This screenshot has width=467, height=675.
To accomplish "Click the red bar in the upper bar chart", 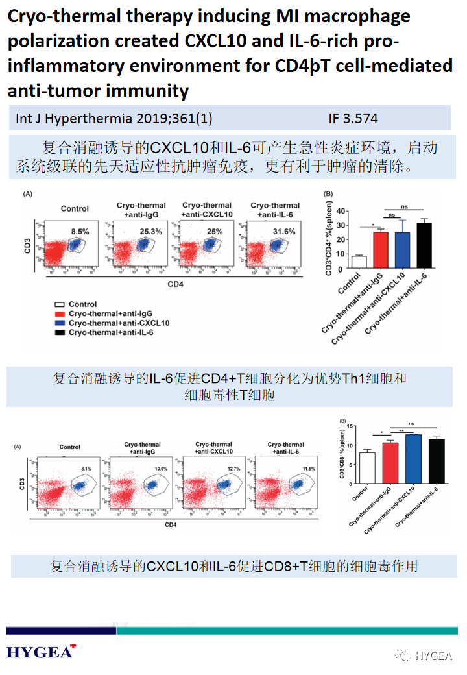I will (x=381, y=249).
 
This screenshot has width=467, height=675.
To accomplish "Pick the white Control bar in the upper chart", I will (x=359, y=261).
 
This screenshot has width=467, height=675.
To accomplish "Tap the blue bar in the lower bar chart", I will (x=413, y=459).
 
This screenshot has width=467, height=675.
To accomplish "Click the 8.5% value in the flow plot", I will (x=79, y=231).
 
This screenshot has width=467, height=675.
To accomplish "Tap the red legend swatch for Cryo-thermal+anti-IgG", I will (x=59, y=313).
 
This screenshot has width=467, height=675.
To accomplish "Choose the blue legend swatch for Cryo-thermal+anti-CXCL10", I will (x=59, y=323).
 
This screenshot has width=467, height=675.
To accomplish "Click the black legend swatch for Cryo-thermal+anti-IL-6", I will (x=59, y=332).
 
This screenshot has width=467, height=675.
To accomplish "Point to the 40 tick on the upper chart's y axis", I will (x=341, y=212).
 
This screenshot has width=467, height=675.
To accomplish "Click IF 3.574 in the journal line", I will (x=353, y=119).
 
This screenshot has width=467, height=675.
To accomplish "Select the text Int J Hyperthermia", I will (x=66, y=119).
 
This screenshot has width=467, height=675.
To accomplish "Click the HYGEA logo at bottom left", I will (x=41, y=652).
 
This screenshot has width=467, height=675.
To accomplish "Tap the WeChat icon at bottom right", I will (x=403, y=655).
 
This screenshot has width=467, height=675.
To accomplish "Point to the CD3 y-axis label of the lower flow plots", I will (x=22, y=484).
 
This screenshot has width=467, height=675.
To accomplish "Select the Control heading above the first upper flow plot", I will (x=75, y=208).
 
